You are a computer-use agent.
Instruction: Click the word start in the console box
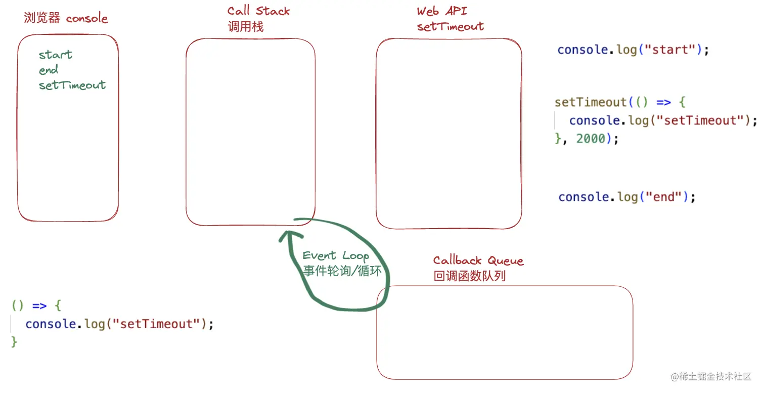pos(56,55)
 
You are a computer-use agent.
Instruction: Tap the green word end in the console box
pos(49,70)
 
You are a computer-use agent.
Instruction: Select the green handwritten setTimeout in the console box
pos(72,85)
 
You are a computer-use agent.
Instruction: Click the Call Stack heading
pos(259,11)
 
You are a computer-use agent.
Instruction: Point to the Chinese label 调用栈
pos(246,27)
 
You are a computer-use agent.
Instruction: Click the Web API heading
pos(442,11)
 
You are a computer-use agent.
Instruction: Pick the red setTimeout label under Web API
pos(450,27)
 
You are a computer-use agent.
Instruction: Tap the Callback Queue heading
pos(478,260)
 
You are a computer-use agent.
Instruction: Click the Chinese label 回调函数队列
pos(470,276)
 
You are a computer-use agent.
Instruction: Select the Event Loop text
pos(336,255)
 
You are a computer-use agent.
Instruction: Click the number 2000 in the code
pos(591,139)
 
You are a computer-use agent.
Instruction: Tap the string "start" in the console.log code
pos(671,50)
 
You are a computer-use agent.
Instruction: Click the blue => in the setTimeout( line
pos(664,102)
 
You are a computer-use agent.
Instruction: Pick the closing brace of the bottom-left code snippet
pos(14,342)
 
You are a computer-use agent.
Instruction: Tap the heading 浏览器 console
pos(66,19)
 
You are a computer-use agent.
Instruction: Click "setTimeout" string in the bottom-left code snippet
pos(157,324)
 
